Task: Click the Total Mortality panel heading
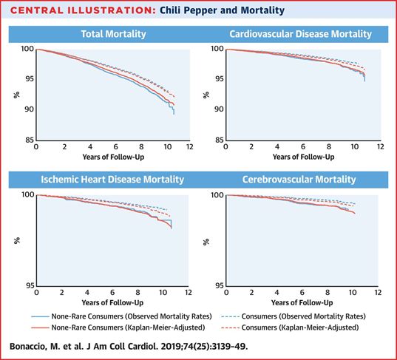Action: point(113,34)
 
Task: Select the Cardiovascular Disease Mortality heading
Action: point(301,34)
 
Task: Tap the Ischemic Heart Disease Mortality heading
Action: point(112,180)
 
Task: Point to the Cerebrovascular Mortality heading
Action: point(299,180)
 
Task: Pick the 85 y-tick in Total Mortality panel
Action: point(29,140)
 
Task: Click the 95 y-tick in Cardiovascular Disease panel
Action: point(219,79)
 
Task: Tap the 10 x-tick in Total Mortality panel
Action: point(167,146)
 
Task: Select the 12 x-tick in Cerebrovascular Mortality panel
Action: point(377,293)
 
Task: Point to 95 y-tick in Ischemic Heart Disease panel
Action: point(30,285)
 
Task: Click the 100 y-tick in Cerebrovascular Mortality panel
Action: point(217,195)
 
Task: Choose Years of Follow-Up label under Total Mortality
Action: point(113,157)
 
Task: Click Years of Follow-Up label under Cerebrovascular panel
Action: point(302,302)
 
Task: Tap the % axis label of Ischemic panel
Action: point(17,240)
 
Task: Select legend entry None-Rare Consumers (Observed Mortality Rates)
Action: point(132,316)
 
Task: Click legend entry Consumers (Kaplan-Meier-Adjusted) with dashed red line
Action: point(300,327)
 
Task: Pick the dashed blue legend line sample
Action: point(230,316)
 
